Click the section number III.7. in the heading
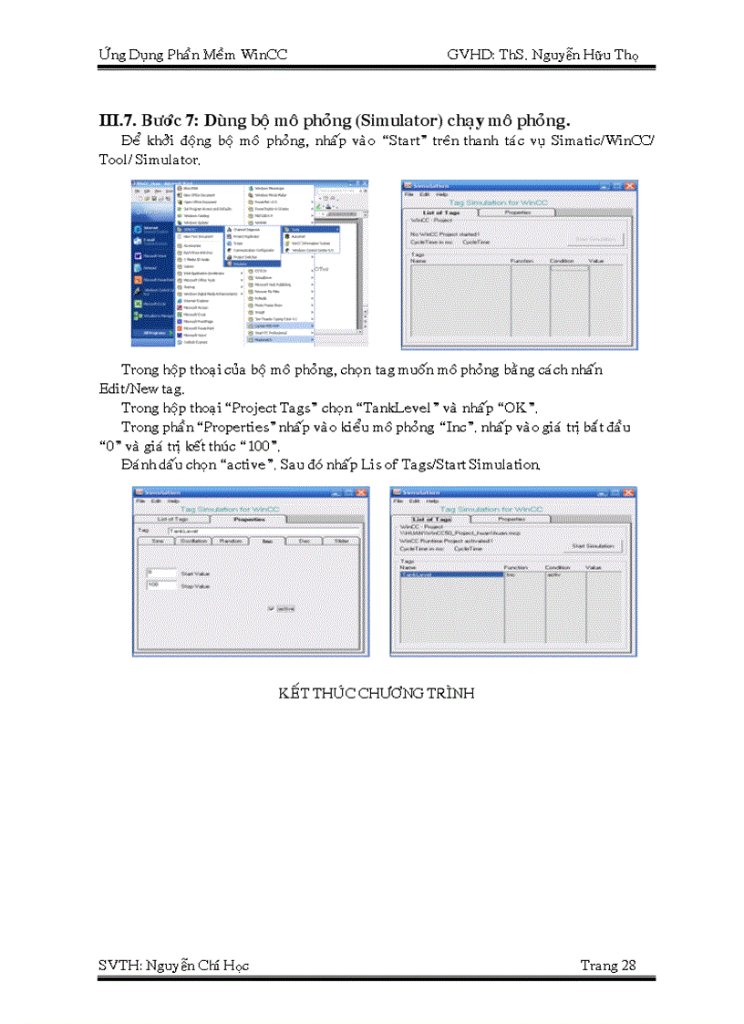[x=118, y=120]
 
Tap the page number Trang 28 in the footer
[x=608, y=966]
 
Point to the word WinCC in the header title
[x=264, y=55]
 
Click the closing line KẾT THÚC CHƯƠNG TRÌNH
[x=377, y=693]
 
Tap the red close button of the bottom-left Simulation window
[x=360, y=492]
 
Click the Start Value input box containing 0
[x=160, y=573]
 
